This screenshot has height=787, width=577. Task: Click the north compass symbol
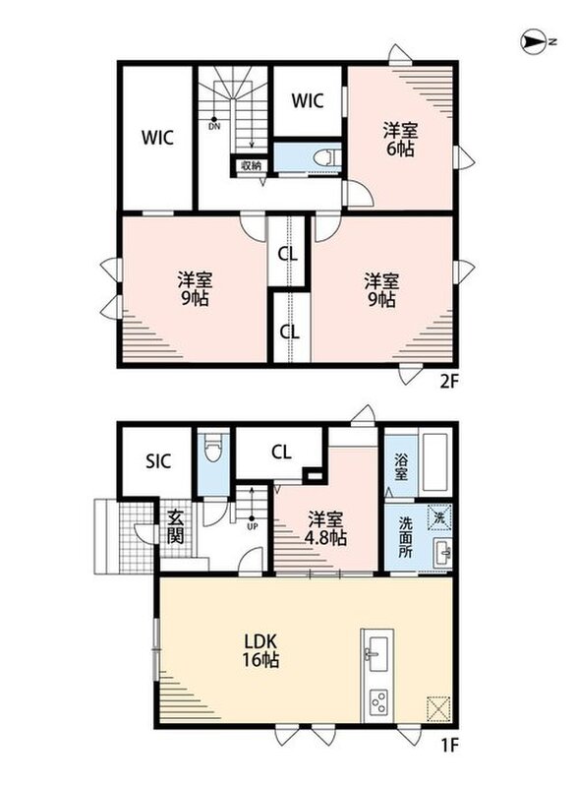(x=535, y=42)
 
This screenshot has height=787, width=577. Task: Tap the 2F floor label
(x=449, y=383)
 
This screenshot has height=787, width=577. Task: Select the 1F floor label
(x=450, y=746)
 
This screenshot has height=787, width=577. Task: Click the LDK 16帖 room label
(x=260, y=650)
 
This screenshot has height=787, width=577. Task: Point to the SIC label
(x=158, y=461)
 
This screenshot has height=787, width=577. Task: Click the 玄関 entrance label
(x=174, y=526)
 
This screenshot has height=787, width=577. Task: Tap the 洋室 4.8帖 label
(x=325, y=528)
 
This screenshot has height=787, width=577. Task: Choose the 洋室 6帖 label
(x=400, y=140)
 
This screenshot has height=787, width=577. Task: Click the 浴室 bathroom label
(x=400, y=466)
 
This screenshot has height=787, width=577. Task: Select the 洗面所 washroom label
(x=406, y=537)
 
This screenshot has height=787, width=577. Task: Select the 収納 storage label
(x=251, y=165)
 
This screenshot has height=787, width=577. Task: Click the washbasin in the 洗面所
(x=443, y=554)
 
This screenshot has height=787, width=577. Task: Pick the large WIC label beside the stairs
(x=158, y=138)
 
